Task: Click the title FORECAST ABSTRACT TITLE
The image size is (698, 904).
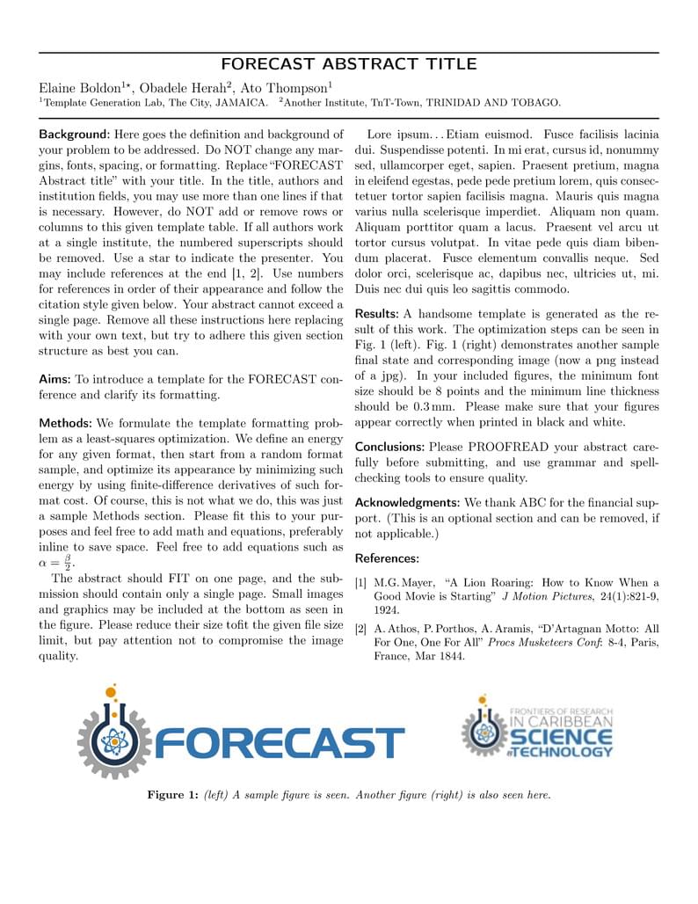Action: pos(349,64)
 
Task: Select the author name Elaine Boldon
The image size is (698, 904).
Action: pos(80,88)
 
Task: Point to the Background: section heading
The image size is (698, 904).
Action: pos(74,135)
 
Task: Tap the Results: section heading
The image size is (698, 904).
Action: pos(377,314)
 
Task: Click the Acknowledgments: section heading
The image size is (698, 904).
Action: pos(407,502)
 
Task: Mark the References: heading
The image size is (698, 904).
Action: pos(387,558)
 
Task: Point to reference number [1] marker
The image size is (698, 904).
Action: pos(361,583)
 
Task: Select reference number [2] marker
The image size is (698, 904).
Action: pos(361,629)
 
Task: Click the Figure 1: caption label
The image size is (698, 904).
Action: pos(172,795)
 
